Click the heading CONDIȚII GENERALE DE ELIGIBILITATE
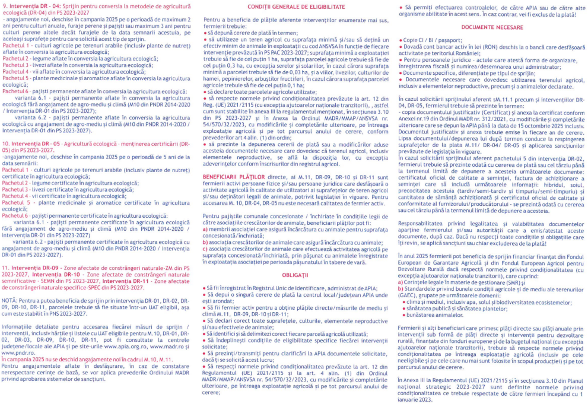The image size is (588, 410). (x=294, y=7)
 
